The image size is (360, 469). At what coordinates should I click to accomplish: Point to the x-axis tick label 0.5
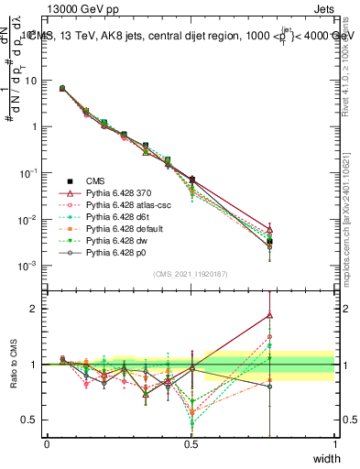[191, 444]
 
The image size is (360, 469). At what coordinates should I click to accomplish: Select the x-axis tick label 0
[48, 444]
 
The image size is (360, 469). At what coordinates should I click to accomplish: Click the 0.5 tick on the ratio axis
[30, 420]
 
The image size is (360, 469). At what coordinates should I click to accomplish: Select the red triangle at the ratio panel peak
[269, 315]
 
